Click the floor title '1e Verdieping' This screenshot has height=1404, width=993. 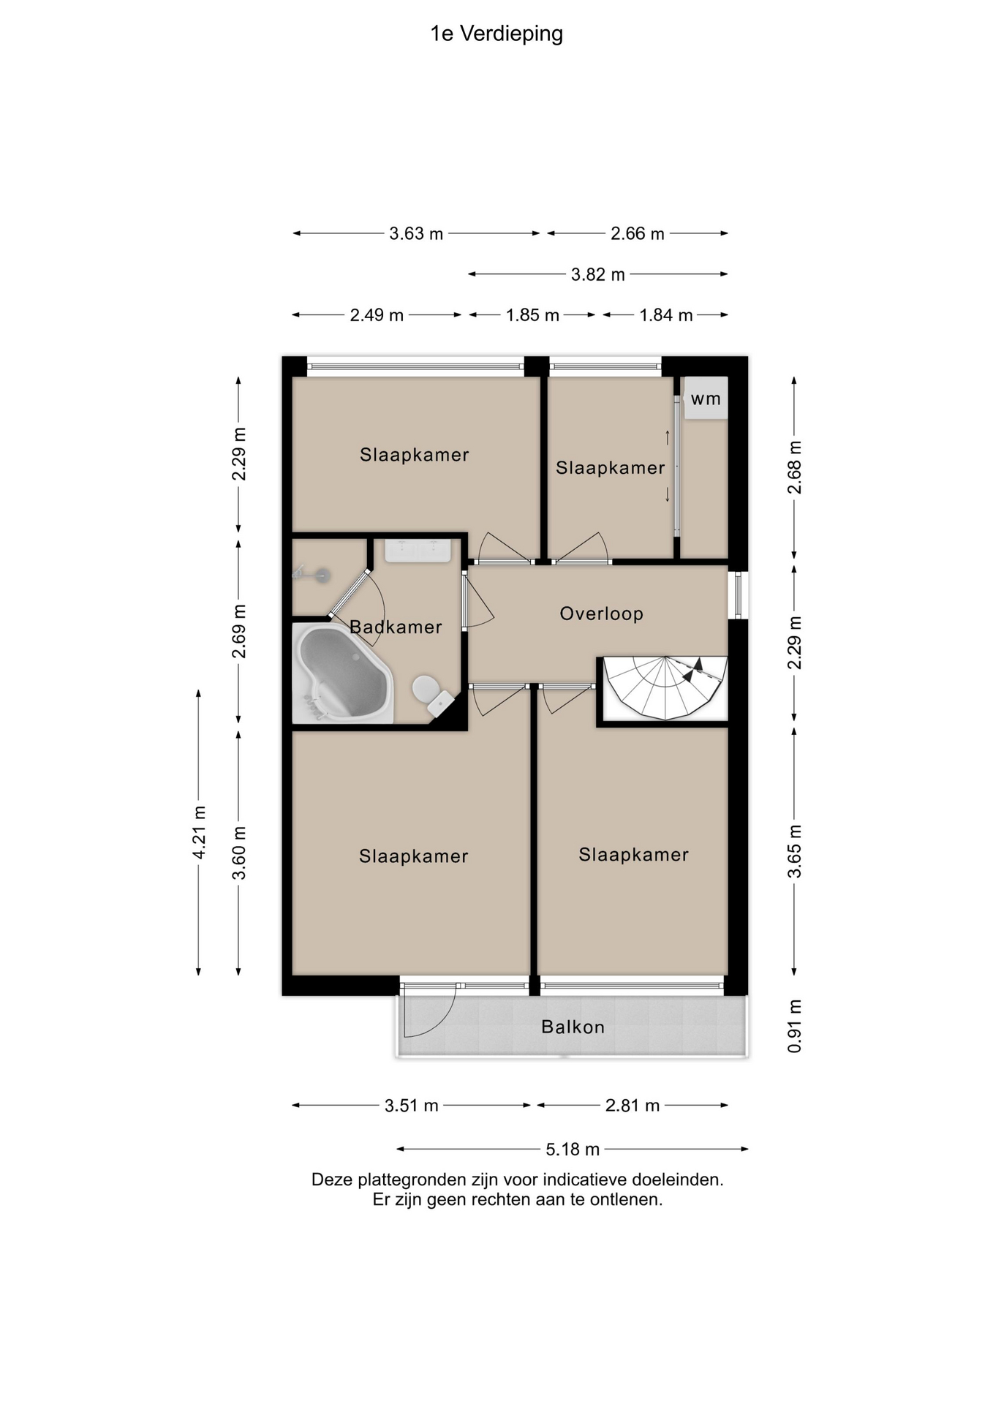click(x=496, y=34)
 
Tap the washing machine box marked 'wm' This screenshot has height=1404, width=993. click(x=706, y=398)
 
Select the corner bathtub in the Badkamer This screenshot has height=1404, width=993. click(x=343, y=673)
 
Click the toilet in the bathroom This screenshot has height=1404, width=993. click(x=432, y=695)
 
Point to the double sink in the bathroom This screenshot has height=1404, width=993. click(x=418, y=551)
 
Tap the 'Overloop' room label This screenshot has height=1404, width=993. click(x=601, y=614)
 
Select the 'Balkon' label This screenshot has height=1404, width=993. click(x=573, y=1027)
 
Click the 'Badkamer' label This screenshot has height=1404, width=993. click(x=396, y=627)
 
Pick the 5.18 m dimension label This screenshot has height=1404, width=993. click(x=573, y=1150)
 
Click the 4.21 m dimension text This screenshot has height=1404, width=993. click(x=199, y=832)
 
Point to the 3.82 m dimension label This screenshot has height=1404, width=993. click(x=597, y=274)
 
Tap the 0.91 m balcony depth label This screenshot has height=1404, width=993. click(x=795, y=1026)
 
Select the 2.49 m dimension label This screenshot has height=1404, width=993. click(x=377, y=315)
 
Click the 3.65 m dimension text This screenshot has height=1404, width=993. click(x=795, y=851)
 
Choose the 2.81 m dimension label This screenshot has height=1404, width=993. click(x=633, y=1106)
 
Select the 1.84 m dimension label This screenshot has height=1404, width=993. click(x=665, y=315)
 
